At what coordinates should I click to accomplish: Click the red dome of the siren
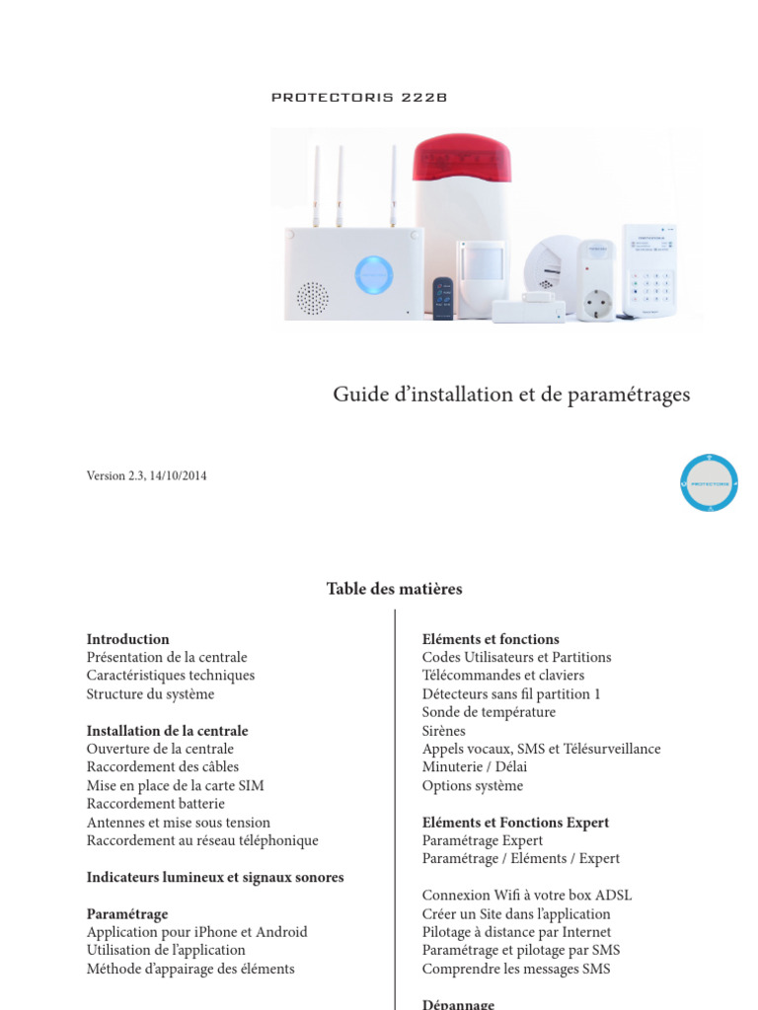[462, 158]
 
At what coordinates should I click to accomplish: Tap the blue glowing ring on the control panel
[373, 274]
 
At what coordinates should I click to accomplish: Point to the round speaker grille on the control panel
[313, 297]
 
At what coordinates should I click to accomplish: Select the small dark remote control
[443, 298]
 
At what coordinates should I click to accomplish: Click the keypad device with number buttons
[650, 270]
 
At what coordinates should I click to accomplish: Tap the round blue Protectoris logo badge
[709, 482]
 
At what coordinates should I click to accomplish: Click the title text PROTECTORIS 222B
[359, 98]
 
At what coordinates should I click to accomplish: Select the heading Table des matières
[394, 589]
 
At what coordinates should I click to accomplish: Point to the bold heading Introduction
[127, 639]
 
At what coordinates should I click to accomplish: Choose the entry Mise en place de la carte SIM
[175, 785]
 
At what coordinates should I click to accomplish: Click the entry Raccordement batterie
[155, 804]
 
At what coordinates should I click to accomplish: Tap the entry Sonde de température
[489, 712]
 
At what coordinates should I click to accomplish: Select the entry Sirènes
[443, 731]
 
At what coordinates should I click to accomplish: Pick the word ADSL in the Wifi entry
[611, 896]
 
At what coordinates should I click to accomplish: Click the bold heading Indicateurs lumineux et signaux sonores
[215, 877]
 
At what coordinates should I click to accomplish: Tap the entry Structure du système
[150, 693]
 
